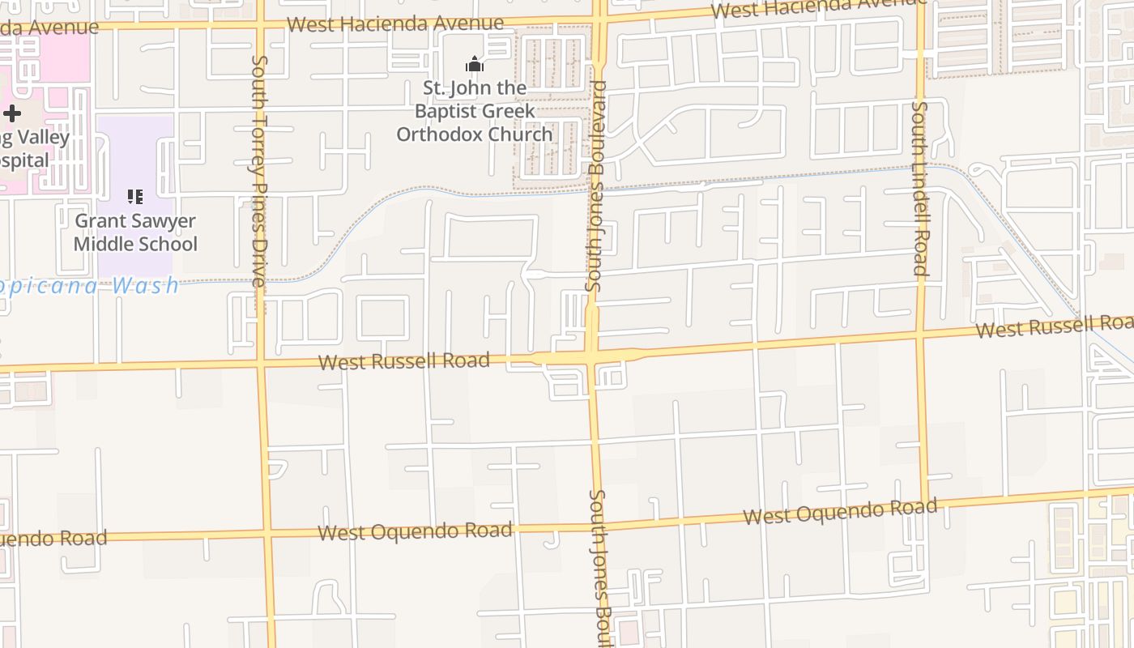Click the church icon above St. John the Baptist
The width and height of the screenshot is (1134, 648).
click(x=475, y=64)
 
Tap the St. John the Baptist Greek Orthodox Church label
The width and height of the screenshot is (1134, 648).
click(x=475, y=111)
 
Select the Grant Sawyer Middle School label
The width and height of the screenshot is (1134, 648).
click(x=135, y=232)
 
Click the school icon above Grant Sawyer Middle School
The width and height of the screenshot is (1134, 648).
click(x=135, y=197)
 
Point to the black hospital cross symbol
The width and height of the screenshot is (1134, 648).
click(x=12, y=113)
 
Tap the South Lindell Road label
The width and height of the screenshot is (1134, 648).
click(x=920, y=188)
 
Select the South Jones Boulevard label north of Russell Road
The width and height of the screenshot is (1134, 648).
click(x=596, y=186)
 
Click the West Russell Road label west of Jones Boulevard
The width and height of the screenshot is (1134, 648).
click(x=404, y=361)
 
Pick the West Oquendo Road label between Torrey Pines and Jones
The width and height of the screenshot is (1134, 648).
click(x=415, y=531)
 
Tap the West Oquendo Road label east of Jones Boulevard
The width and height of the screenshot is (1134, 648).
click(x=840, y=511)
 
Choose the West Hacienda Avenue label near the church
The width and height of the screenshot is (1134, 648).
click(x=395, y=23)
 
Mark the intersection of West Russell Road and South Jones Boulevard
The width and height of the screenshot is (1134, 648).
click(x=593, y=357)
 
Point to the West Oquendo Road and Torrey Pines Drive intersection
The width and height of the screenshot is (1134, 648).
click(x=266, y=535)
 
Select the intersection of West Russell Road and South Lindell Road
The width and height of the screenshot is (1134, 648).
click(x=921, y=333)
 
